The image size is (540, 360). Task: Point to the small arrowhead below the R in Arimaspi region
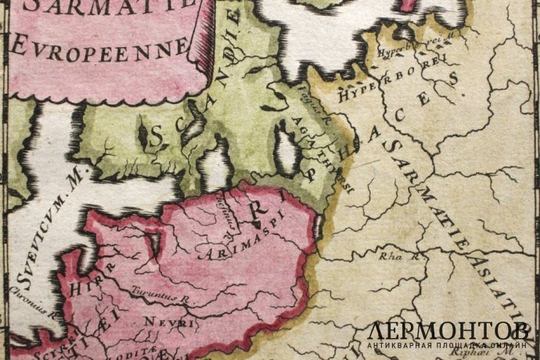click(256, 225)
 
